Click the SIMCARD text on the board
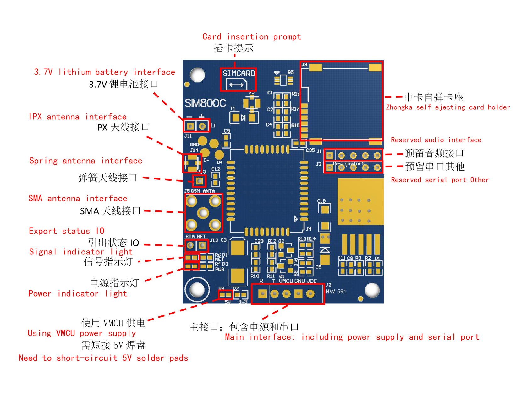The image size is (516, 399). click(239, 74)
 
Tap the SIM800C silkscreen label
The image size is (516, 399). click(205, 103)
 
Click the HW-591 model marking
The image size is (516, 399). click(336, 292)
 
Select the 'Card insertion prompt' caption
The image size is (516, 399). click(251, 37)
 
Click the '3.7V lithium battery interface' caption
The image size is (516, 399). click(104, 72)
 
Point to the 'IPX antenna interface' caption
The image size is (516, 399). click(78, 117)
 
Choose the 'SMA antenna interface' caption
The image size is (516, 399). click(78, 199)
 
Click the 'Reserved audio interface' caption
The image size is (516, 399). click(436, 140)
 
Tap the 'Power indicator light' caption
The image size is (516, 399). click(78, 294)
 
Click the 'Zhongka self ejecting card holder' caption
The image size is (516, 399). click(447, 107)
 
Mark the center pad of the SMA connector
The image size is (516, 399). click(203, 213)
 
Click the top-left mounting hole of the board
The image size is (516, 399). click(197, 75)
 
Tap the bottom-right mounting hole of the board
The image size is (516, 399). click(372, 290)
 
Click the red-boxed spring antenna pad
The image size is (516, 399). click(199, 181)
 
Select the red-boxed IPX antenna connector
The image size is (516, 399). click(192, 163)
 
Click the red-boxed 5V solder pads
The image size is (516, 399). click(225, 295)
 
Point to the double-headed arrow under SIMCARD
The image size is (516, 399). click(236, 85)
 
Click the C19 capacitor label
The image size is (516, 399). click(321, 201)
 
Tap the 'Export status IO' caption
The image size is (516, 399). click(66, 231)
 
